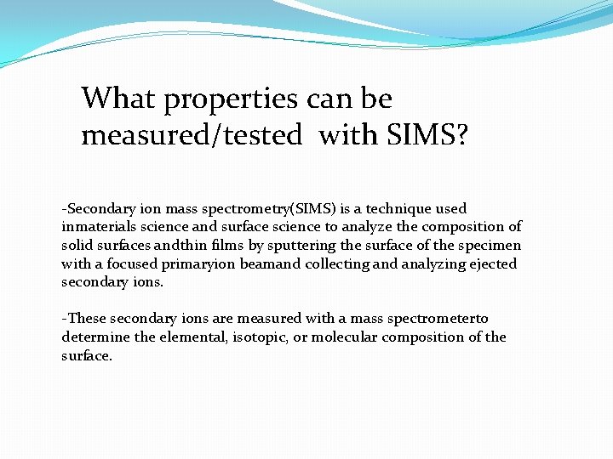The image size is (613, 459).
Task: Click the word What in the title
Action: (118, 99)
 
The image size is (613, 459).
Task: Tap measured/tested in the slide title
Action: (192, 135)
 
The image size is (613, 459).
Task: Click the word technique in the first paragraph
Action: (394, 208)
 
